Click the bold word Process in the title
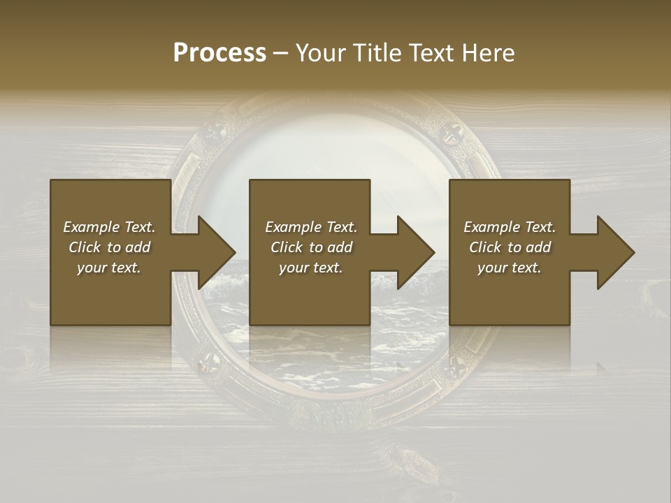(x=219, y=53)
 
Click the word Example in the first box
(x=92, y=227)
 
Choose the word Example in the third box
(x=492, y=227)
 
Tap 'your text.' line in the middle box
(x=310, y=268)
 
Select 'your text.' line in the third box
(x=509, y=268)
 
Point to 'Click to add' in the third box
(x=510, y=247)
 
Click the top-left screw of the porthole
(x=215, y=130)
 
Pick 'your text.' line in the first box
(x=108, y=268)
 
